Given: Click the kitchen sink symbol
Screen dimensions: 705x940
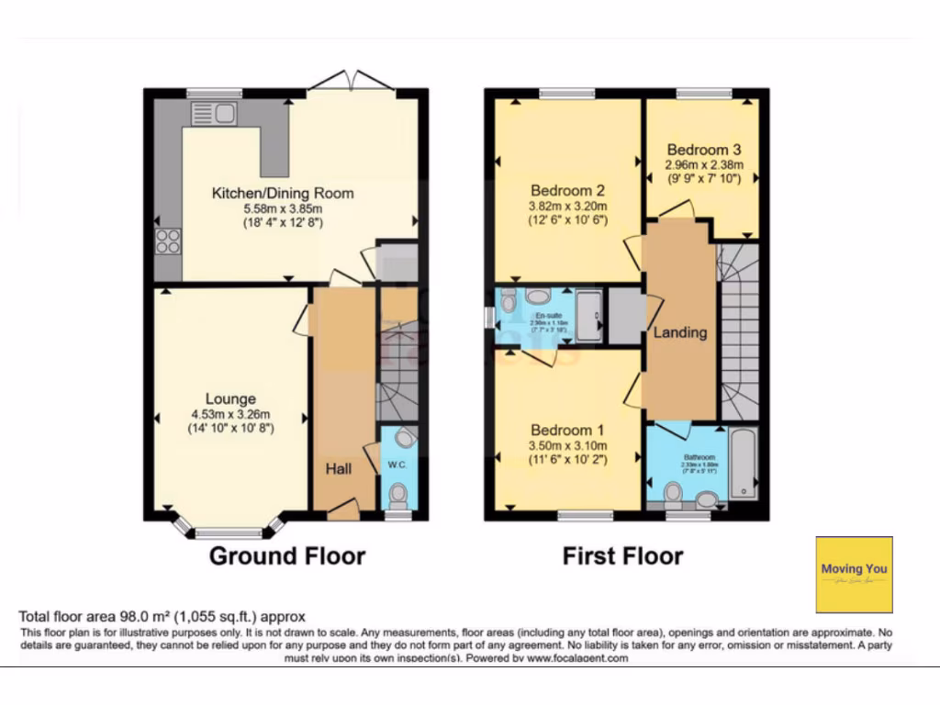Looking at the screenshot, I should click(214, 114).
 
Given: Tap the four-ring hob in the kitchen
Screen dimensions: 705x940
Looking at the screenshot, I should click(168, 241).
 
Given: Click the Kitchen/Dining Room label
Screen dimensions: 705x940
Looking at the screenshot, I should click(283, 194).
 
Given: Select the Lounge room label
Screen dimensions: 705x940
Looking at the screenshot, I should click(230, 399).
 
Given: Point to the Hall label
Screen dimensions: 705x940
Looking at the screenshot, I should click(339, 468).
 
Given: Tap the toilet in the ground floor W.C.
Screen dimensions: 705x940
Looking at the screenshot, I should click(397, 497).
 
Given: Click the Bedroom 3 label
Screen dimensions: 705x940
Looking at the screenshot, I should click(704, 150).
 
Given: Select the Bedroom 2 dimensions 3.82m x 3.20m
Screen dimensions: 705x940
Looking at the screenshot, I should click(567, 206).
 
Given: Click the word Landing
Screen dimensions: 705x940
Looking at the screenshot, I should click(679, 332).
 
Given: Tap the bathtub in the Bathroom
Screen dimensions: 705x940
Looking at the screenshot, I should click(744, 464).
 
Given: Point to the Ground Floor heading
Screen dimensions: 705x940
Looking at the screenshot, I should click(287, 555).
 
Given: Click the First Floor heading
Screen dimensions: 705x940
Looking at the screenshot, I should click(622, 555).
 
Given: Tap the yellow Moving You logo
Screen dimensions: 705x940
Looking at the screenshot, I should click(854, 574).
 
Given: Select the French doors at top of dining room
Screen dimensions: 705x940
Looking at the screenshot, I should click(352, 84).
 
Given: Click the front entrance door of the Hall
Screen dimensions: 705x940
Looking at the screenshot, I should click(342, 509).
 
